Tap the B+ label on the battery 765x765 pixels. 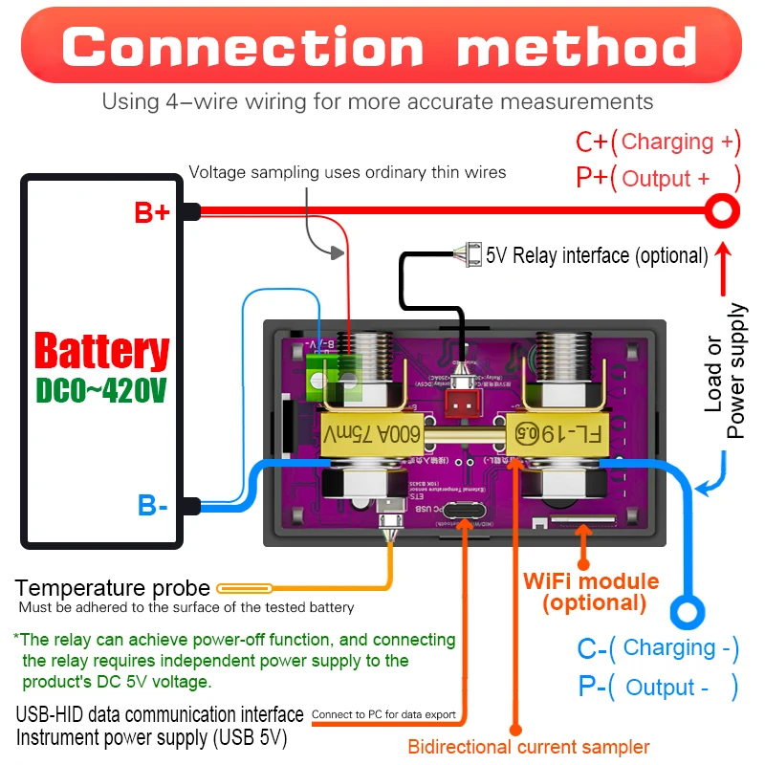pyautogui.click(x=152, y=212)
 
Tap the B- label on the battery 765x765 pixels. pyautogui.click(x=152, y=505)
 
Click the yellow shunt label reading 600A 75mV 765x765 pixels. pyautogui.click(x=371, y=419)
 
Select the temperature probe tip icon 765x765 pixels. pyautogui.click(x=246, y=589)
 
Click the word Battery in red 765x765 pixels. pyautogui.click(x=102, y=351)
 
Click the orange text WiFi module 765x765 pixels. pyautogui.click(x=591, y=581)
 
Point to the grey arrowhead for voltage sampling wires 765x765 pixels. pyautogui.click(x=336, y=253)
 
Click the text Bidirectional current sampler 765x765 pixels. pyautogui.click(x=529, y=747)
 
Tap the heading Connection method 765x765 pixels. pyautogui.click(x=381, y=47)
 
